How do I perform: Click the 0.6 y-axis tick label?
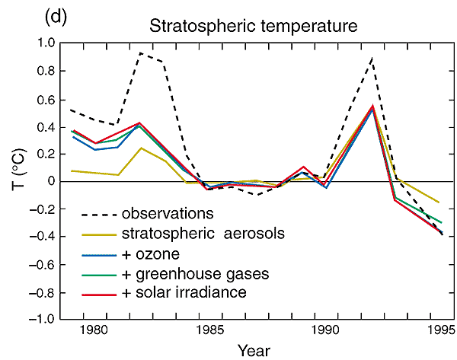click(47, 99)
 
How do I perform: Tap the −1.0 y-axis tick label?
click(44, 320)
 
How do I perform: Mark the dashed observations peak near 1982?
click(141, 53)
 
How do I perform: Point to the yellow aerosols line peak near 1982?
click(141, 148)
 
